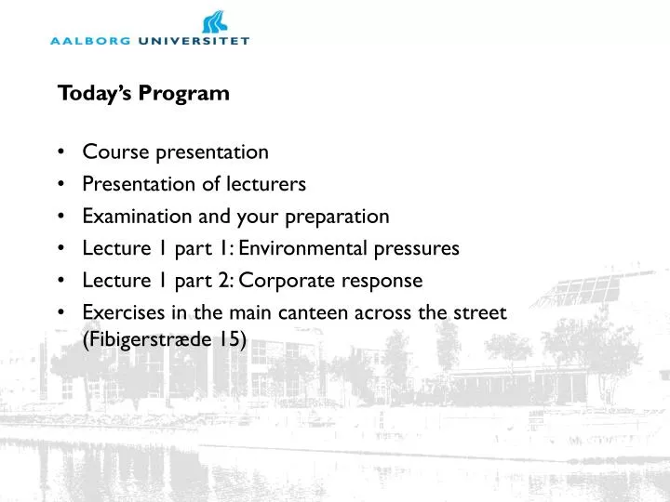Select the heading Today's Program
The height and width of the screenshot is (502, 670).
143,93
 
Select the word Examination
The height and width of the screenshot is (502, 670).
136,217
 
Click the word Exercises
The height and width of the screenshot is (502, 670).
117,312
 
